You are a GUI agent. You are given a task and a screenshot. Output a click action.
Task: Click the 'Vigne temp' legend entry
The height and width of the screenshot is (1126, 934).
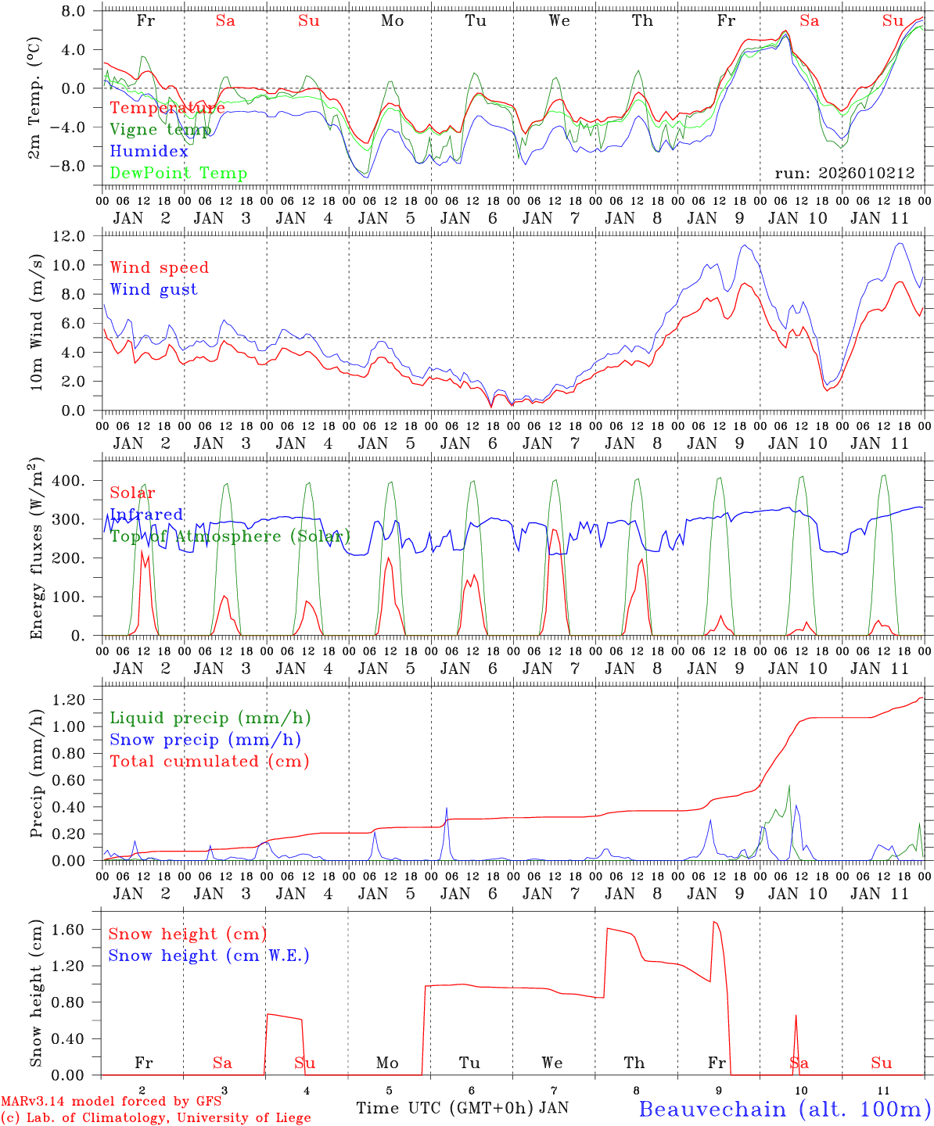pos(160,130)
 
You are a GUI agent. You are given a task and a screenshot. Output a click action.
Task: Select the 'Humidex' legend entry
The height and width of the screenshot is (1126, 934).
pos(149,152)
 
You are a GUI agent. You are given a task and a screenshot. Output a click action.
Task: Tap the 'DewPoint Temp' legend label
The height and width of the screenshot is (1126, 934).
pos(178,174)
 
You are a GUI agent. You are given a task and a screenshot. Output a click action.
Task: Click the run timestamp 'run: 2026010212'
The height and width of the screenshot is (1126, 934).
pos(845,174)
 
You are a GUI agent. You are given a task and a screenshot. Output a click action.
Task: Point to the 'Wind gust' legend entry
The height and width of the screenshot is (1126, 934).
pos(153,289)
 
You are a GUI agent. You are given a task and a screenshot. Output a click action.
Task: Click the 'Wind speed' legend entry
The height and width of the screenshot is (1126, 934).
pos(160,267)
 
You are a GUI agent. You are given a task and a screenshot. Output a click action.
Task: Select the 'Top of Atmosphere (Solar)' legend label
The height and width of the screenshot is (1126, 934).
pos(230,536)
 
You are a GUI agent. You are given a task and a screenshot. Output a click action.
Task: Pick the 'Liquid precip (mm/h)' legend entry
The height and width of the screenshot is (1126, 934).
pos(210,718)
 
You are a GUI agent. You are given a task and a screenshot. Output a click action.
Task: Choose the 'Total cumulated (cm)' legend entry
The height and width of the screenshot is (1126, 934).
pos(210,761)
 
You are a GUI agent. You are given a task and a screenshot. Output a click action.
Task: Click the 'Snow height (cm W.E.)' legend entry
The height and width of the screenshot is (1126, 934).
pos(209,956)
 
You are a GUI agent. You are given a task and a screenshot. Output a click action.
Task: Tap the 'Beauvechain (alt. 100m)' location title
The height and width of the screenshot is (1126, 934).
pos(785,1109)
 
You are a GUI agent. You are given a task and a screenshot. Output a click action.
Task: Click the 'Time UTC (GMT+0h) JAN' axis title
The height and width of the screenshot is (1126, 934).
pos(462,1108)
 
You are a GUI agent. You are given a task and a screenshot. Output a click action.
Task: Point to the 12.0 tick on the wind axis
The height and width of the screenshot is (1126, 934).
pos(77,236)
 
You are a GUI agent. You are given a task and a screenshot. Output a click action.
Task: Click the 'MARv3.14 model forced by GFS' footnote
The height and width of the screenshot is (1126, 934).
pos(110,1102)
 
